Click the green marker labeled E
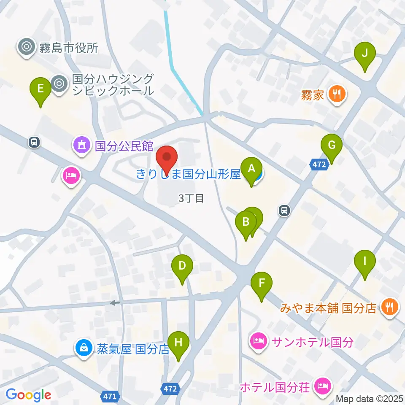click(40, 89)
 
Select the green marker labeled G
click(332, 146)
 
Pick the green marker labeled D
click(182, 267)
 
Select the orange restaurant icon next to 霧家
click(337, 93)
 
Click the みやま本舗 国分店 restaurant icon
click(389, 307)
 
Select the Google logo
click(29, 395)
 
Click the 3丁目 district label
click(191, 198)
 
